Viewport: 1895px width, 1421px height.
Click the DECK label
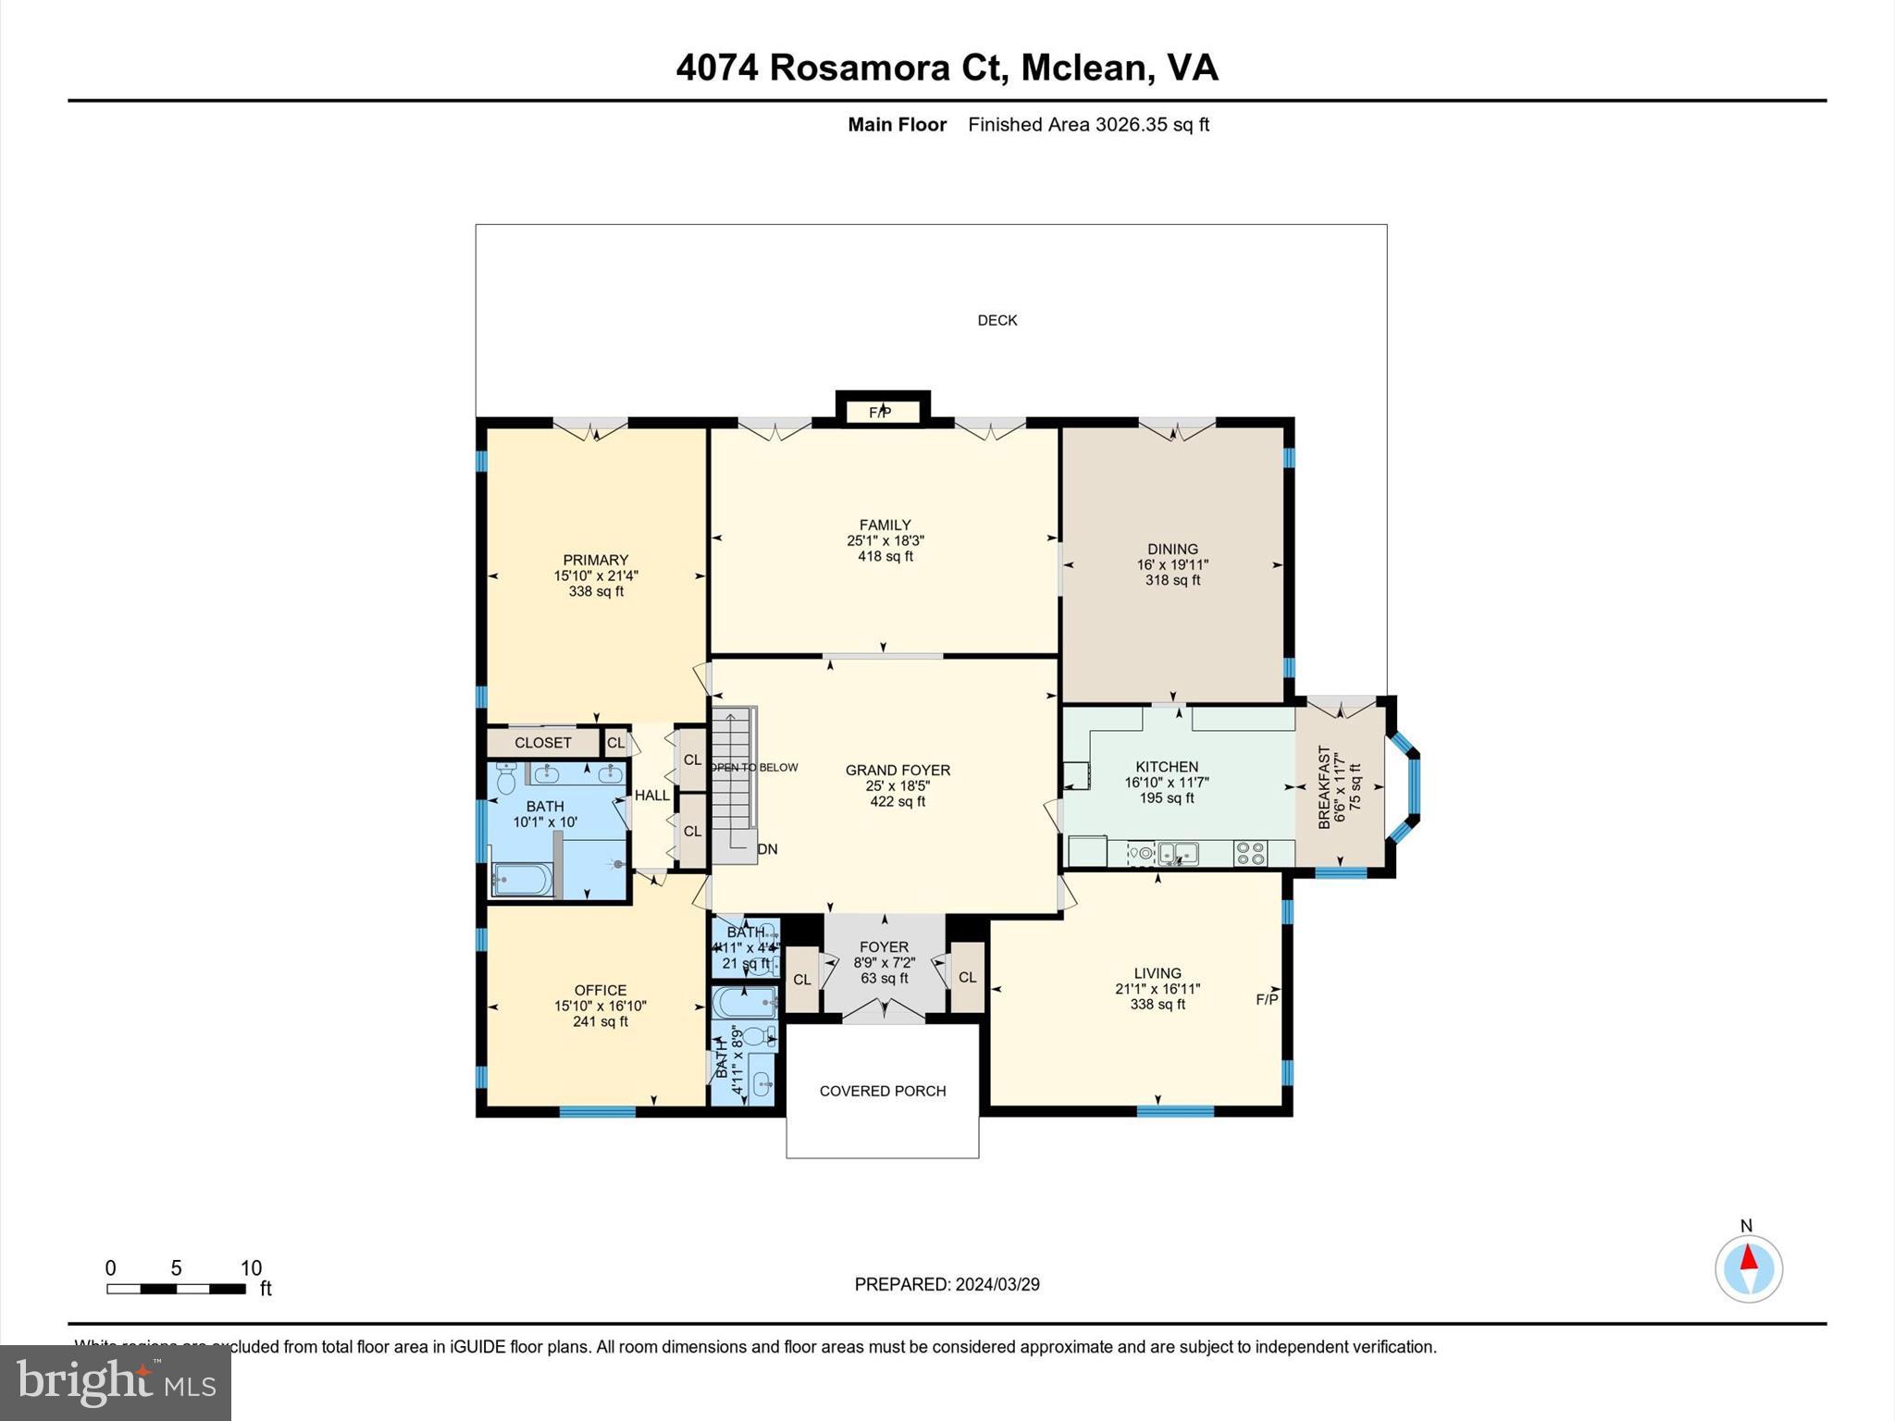[x=997, y=320]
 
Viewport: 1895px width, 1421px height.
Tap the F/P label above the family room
[x=880, y=413]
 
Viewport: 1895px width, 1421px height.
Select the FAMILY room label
[x=885, y=525]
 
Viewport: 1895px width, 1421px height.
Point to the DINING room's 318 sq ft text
[x=1172, y=580]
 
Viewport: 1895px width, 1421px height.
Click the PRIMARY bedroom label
[x=595, y=560]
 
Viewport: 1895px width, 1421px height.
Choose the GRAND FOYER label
[x=898, y=770]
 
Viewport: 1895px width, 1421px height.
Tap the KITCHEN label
[x=1167, y=766]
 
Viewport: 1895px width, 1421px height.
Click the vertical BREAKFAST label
[x=1324, y=786]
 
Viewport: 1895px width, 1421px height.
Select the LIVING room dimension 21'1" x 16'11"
[x=1158, y=988]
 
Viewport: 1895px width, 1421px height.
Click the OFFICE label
[x=600, y=990]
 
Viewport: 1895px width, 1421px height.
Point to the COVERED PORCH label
[x=882, y=1091]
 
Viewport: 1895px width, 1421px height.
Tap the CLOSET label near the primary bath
[x=543, y=743]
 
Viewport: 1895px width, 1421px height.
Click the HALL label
[x=651, y=795]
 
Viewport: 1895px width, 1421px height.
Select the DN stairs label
[x=767, y=849]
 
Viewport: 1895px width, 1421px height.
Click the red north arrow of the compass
[x=1748, y=1258]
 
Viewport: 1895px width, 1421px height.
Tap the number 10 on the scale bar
[x=251, y=1268]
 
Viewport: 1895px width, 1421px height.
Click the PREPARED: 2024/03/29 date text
[x=947, y=1284]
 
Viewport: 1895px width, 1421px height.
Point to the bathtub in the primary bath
[x=523, y=880]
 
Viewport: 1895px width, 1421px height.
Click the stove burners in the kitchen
[x=1250, y=853]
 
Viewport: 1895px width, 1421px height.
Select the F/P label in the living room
[x=1267, y=999]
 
